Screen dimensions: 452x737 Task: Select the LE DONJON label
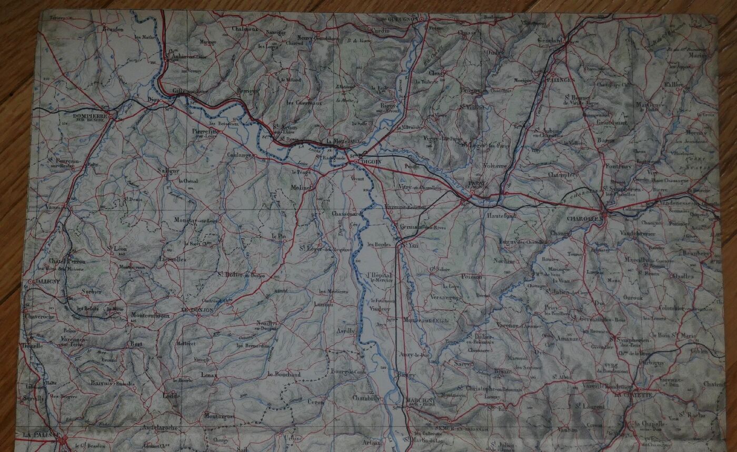click(197, 310)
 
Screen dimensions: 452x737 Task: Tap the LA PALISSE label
click(41, 435)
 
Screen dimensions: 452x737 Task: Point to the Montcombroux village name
click(150, 316)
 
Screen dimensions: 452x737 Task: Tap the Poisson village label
click(471, 276)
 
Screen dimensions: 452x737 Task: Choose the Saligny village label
click(168, 170)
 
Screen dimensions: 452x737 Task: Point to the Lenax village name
click(209, 375)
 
